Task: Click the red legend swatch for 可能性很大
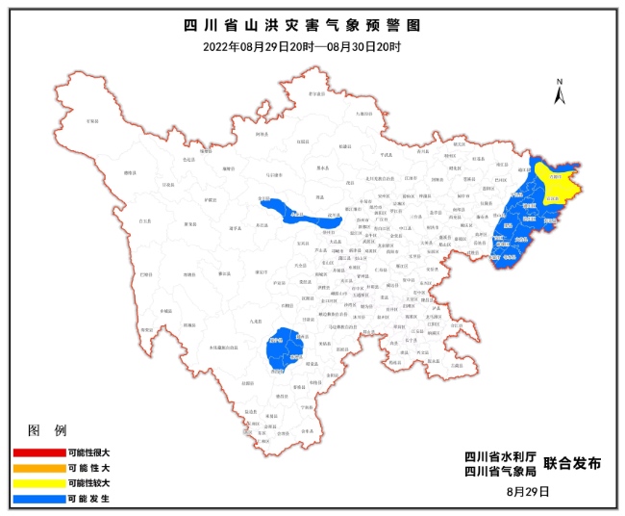pos(37,451)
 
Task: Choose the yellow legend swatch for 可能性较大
pos(37,483)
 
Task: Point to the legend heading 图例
pos(47,429)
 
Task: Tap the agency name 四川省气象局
pos(497,472)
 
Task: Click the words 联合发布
pos(572,464)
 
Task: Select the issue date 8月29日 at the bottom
pos(527,491)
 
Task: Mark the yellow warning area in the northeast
pos(555,180)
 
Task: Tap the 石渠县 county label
pos(92,122)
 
